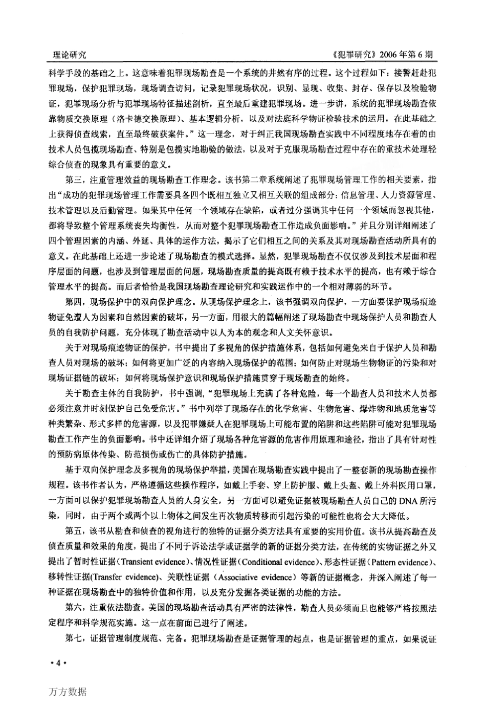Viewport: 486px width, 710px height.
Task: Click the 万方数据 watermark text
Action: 68,692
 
